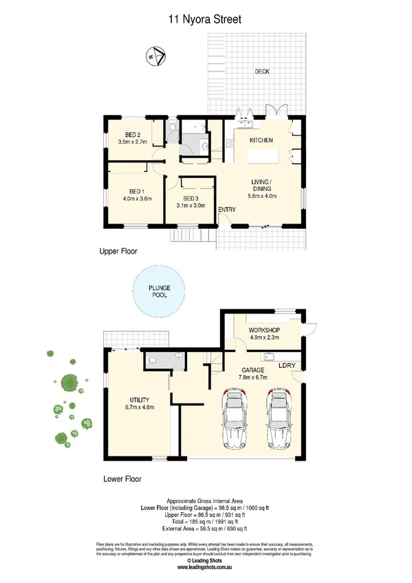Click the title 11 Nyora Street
click(x=206, y=21)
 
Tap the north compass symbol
click(x=156, y=55)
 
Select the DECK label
click(x=261, y=71)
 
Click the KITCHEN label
click(x=261, y=140)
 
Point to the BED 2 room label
click(x=133, y=134)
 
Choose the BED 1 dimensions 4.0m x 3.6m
click(x=136, y=198)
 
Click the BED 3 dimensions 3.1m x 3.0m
click(x=191, y=205)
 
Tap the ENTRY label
click(x=226, y=210)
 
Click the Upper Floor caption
click(x=118, y=252)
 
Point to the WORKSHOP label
click(x=265, y=330)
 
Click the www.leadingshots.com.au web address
click(x=206, y=567)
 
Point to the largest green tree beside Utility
click(x=69, y=382)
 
